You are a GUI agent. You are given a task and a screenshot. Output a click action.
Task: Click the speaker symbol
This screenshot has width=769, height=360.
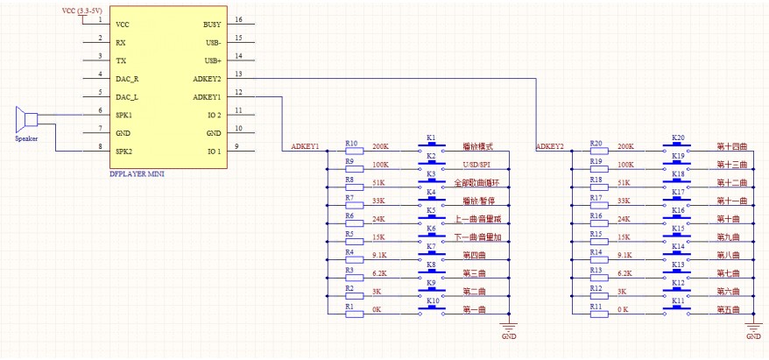coord(27,119)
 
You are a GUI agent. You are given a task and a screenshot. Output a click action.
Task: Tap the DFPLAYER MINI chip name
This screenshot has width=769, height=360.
coord(136,173)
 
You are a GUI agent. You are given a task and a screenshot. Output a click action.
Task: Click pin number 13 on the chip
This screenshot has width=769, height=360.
coord(238,74)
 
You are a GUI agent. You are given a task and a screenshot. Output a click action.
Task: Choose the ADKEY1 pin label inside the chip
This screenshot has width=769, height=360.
coord(207,97)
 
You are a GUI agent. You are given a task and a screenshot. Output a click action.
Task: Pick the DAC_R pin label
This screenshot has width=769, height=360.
coord(127,79)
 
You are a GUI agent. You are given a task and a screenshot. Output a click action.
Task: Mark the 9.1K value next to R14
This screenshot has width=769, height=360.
coord(624,252)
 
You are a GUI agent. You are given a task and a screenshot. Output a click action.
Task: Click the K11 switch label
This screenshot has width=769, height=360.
coord(677,300)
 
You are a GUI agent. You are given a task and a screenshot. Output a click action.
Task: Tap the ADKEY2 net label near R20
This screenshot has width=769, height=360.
coord(549,146)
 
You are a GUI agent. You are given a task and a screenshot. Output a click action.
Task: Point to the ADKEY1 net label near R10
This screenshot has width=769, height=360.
coord(305,146)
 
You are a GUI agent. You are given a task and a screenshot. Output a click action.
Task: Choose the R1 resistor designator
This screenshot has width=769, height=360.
coord(349,307)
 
